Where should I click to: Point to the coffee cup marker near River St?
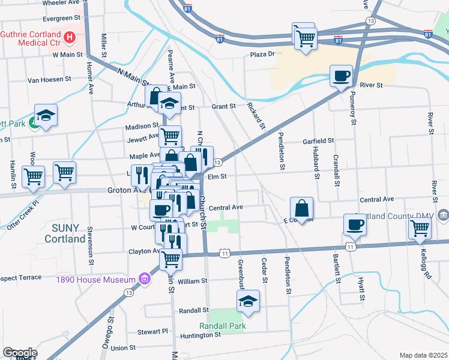point(342,76)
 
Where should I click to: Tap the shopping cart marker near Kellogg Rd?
point(420,228)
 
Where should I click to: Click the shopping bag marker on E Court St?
point(301,209)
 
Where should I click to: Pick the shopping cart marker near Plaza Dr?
point(306,39)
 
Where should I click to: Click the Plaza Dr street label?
point(262,54)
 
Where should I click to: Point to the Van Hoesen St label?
point(50,79)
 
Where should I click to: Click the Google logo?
point(20,353)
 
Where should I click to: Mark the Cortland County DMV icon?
point(442,215)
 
